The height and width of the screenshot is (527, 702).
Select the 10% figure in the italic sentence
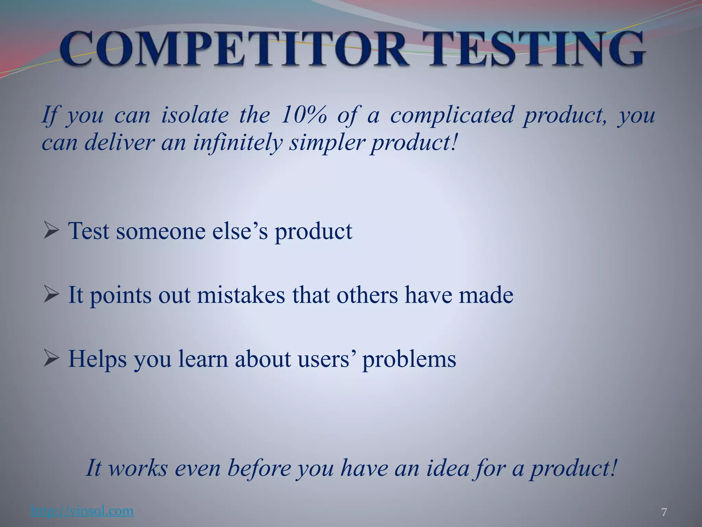[x=303, y=115]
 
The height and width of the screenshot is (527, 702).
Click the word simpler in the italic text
[x=325, y=142]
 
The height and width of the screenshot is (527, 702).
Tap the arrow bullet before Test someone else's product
[x=52, y=231]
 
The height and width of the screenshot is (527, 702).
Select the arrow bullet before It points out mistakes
[x=52, y=295]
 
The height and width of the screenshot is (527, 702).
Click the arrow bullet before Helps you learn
[x=52, y=359]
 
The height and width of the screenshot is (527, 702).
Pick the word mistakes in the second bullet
[x=241, y=295]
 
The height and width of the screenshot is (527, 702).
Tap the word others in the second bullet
[x=367, y=295]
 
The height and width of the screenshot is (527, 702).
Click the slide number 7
[x=664, y=513]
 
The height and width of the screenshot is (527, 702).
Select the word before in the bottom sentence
[x=259, y=468]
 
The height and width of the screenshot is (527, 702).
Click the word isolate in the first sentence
[x=194, y=115]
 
